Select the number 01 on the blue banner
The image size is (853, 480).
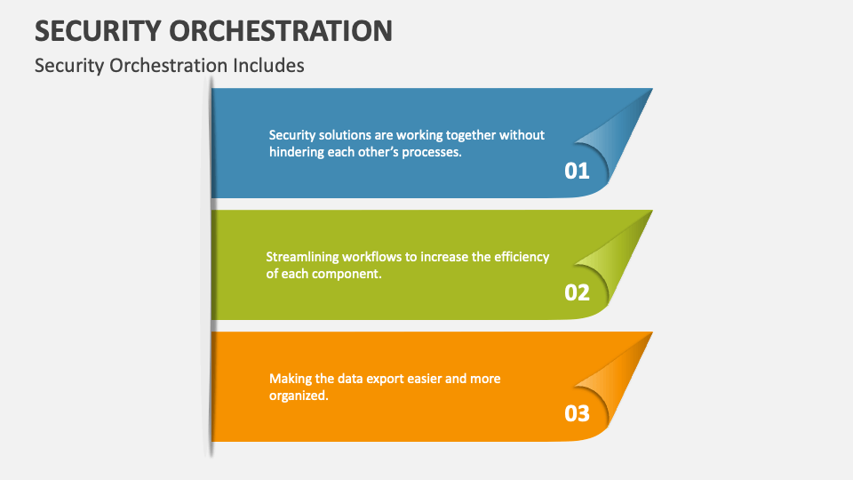(x=577, y=171)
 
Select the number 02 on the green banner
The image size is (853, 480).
(x=577, y=292)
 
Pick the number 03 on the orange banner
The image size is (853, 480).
(x=577, y=413)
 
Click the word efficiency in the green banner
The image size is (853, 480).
(x=520, y=257)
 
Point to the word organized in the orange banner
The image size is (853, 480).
(x=299, y=396)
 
